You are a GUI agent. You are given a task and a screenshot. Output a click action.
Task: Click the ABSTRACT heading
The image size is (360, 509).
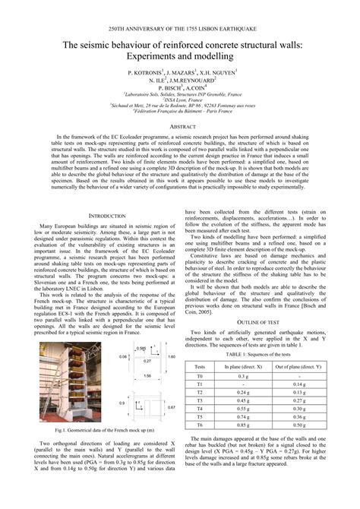coord(180,126)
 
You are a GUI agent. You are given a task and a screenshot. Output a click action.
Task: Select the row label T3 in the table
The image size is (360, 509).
coord(200,401)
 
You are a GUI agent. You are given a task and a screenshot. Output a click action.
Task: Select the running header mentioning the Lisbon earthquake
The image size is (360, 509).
coord(180,27)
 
